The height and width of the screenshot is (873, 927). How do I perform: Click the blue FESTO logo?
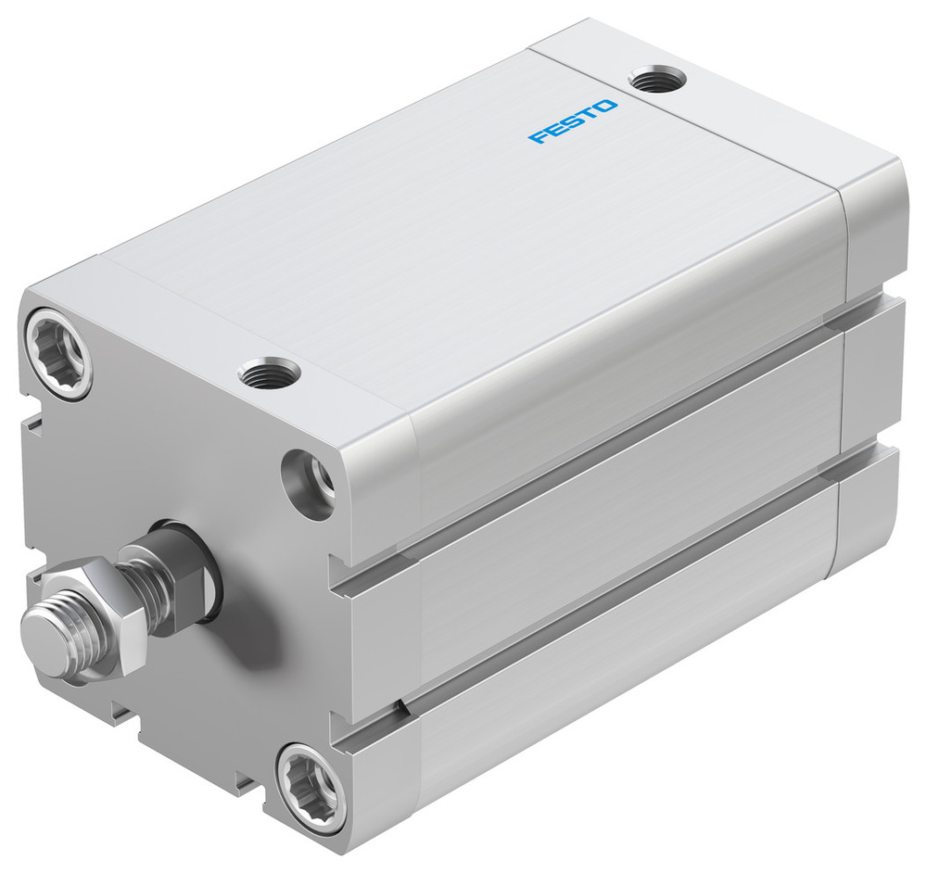572,121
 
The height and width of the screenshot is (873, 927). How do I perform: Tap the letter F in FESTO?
538,138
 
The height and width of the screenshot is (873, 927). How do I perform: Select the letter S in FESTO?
570,122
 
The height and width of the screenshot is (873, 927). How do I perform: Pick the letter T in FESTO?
587,115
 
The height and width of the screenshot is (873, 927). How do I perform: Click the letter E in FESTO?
553,131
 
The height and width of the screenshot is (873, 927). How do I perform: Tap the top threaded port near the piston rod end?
269,373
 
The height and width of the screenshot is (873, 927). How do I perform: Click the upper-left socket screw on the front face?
58,354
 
